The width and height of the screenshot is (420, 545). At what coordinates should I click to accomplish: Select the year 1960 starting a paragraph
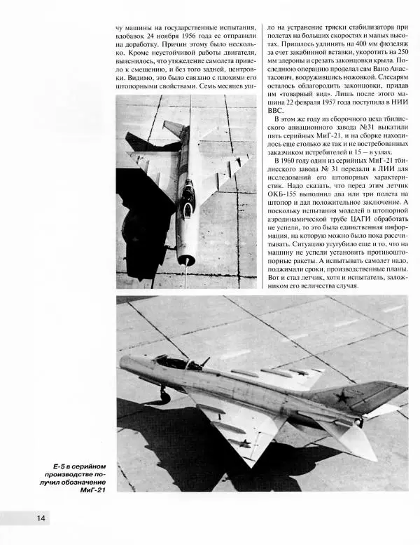click(290, 161)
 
